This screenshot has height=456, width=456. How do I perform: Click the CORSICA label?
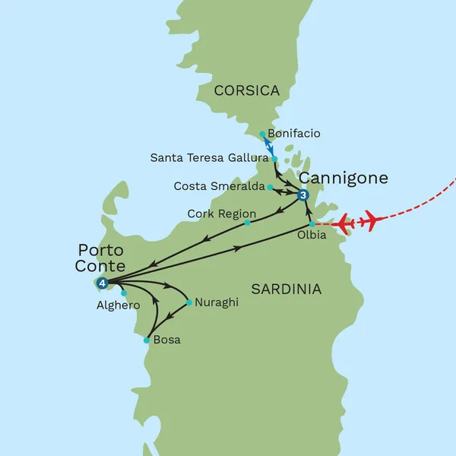(247, 91)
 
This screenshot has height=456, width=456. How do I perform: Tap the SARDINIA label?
(286, 289)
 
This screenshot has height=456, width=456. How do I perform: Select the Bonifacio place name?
(295, 134)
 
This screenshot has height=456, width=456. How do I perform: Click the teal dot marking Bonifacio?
(262, 134)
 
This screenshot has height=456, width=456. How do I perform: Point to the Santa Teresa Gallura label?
(207, 158)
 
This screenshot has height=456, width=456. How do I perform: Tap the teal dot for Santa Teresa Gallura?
(275, 159)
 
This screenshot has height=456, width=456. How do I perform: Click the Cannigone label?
(344, 178)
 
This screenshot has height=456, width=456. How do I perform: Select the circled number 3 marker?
(303, 196)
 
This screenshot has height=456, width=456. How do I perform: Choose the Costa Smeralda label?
(219, 185)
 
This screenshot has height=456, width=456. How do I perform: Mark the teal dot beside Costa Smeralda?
(271, 186)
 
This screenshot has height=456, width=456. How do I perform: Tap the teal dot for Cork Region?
(248, 223)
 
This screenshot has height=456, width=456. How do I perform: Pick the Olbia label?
(312, 236)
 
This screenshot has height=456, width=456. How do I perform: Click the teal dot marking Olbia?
(312, 224)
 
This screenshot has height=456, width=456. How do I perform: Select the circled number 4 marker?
(103, 283)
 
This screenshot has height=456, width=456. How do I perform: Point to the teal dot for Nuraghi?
(189, 302)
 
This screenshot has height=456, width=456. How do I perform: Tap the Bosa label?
(167, 340)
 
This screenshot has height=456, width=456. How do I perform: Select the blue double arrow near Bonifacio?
(268, 146)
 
